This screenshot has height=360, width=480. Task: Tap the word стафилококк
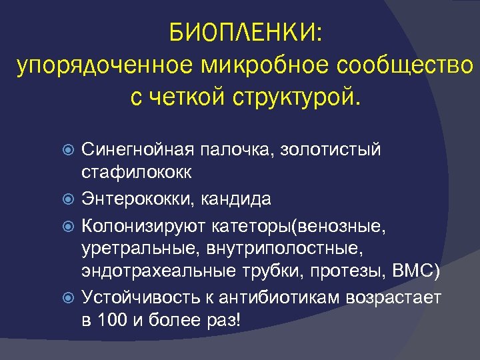pos(137,173)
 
